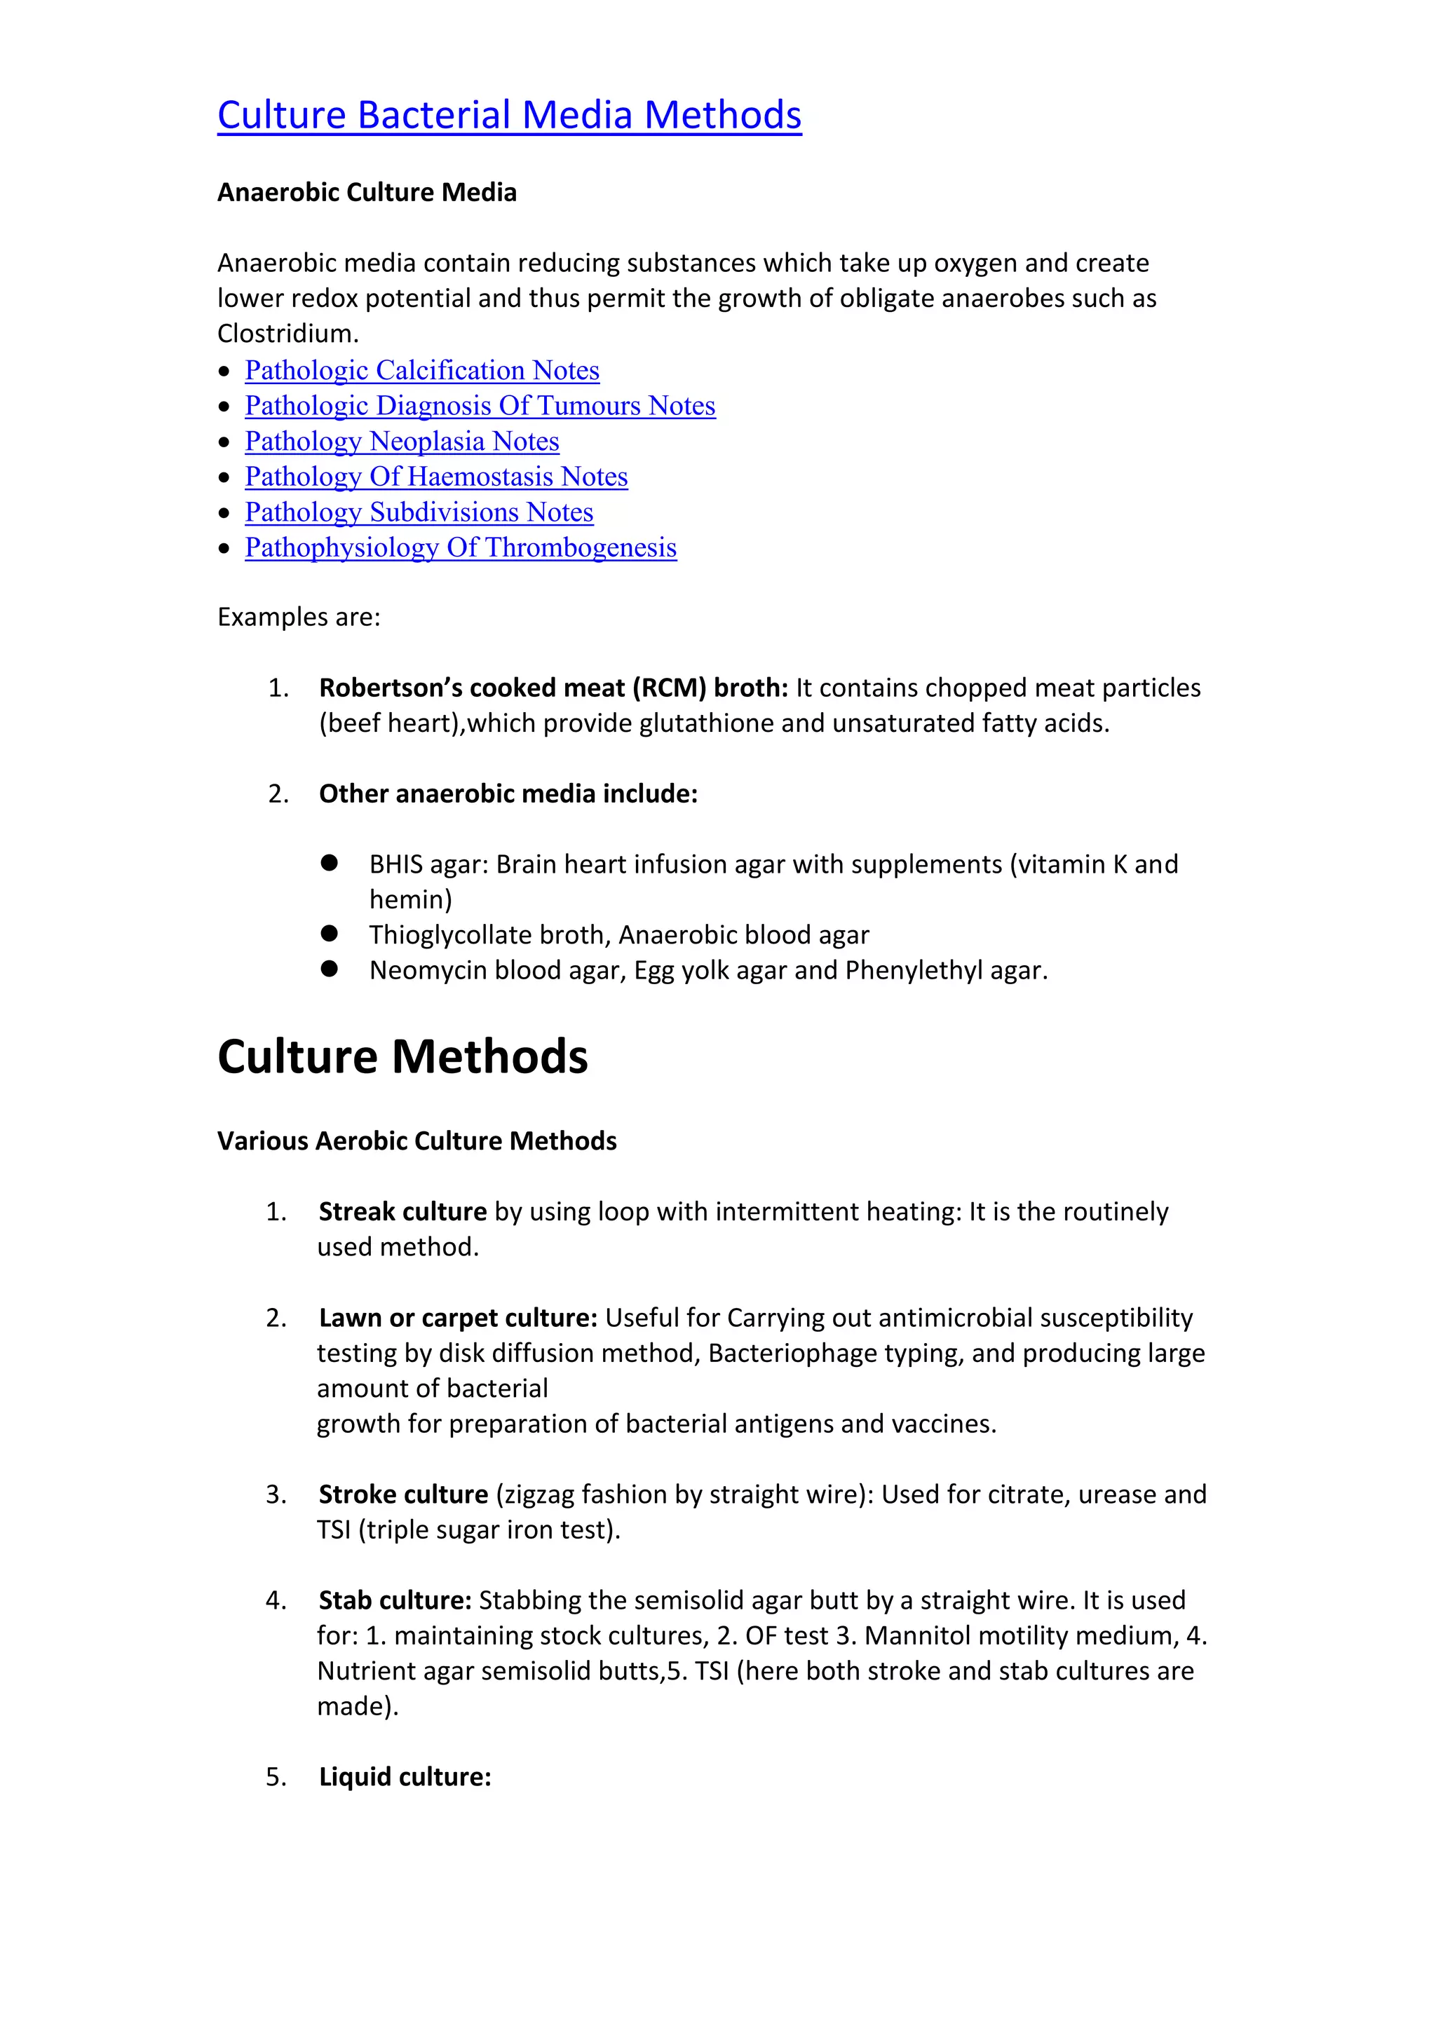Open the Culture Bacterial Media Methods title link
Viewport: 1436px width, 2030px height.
coord(509,115)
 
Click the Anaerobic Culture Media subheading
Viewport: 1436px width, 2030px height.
coord(367,193)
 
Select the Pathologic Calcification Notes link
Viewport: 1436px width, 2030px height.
coord(422,370)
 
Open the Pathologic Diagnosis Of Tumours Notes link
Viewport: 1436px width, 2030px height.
coord(480,406)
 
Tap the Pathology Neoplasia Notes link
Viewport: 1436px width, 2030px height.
coord(402,441)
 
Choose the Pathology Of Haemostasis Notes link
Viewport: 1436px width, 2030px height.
coord(436,477)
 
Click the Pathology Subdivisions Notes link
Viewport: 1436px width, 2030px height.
coord(419,512)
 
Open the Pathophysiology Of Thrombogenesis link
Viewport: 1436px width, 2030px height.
coord(461,547)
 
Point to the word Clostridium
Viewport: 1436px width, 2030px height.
coord(285,334)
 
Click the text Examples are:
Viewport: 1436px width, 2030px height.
coord(299,617)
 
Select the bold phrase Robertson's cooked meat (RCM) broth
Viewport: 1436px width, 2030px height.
coord(552,688)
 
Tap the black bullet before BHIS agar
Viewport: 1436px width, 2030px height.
coord(330,863)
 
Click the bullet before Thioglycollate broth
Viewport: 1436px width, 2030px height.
coord(330,934)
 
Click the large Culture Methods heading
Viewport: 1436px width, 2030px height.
coord(402,1056)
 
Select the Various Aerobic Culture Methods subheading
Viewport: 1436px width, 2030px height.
coord(416,1141)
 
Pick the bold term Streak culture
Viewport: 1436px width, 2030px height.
coord(402,1212)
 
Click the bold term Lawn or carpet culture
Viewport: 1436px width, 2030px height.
coord(458,1319)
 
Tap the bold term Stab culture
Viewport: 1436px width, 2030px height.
coord(394,1600)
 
